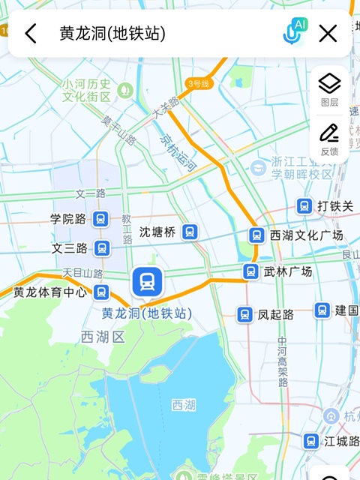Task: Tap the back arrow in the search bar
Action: (x=31, y=33)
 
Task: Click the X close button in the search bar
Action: (x=328, y=33)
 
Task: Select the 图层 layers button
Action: (x=329, y=88)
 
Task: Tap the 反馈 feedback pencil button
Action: (x=329, y=138)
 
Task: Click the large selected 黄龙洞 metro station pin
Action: (x=146, y=282)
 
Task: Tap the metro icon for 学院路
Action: (x=101, y=219)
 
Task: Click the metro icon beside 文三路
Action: (x=102, y=247)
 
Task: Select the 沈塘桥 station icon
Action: (x=190, y=232)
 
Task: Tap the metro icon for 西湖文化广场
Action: (x=256, y=235)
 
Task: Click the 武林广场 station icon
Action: (x=250, y=271)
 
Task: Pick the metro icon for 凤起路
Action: (x=244, y=314)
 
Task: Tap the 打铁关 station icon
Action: (x=304, y=205)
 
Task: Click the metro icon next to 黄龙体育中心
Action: (x=101, y=292)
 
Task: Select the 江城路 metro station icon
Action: (x=311, y=442)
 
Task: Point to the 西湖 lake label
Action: (x=184, y=405)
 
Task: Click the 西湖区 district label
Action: (x=102, y=337)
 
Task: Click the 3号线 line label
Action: (x=199, y=83)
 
